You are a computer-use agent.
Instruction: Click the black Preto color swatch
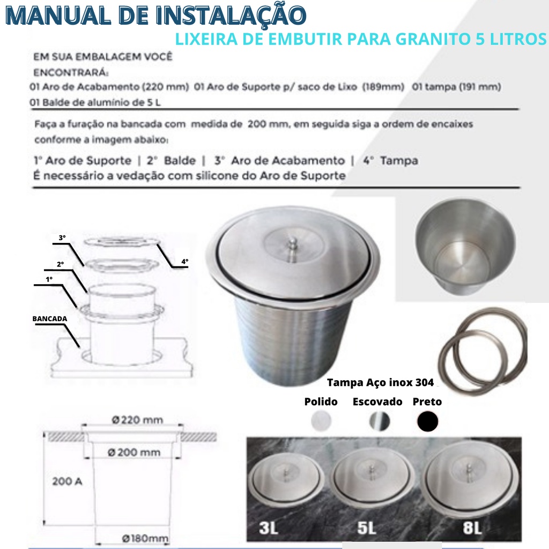(x=427, y=421)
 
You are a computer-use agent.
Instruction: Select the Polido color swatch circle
(x=321, y=420)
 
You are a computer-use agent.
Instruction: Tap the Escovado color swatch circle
(x=380, y=421)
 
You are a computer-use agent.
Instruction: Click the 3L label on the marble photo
(x=269, y=528)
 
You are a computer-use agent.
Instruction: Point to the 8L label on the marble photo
(x=472, y=528)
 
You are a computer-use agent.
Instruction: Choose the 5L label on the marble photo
(x=367, y=528)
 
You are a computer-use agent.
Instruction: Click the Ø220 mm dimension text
(x=137, y=420)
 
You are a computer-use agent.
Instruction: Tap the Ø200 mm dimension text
(x=134, y=452)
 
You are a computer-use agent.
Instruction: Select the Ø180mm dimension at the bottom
(x=145, y=538)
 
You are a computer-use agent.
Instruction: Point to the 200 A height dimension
(x=67, y=481)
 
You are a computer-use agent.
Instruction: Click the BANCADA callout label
(x=50, y=318)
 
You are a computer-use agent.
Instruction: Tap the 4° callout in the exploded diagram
(x=185, y=261)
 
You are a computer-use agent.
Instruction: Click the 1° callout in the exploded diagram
(x=49, y=279)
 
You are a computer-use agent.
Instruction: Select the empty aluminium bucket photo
(x=465, y=247)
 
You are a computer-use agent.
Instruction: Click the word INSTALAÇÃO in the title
(x=231, y=16)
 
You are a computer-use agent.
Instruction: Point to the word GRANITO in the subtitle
(x=433, y=39)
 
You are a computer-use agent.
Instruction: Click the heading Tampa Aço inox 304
(x=380, y=382)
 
